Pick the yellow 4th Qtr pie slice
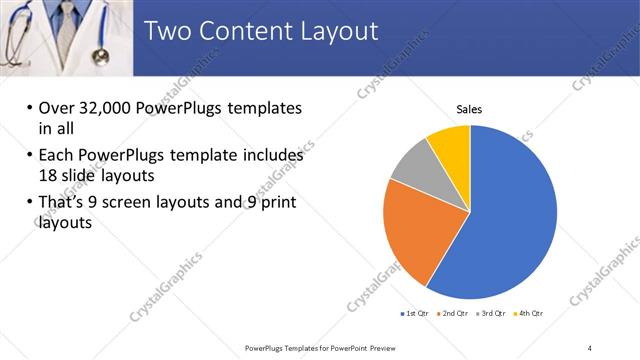[451, 146]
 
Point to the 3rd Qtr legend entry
[491, 314]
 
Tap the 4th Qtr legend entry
[529, 314]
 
